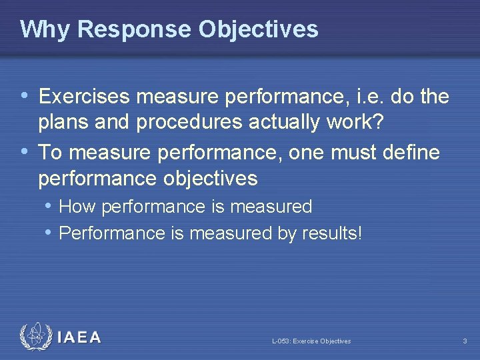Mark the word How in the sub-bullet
pos(76,207)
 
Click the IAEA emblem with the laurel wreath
pos(35,337)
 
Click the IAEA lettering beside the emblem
pos(79,337)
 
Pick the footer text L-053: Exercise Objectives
pos(311,341)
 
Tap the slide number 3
pos(465,341)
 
